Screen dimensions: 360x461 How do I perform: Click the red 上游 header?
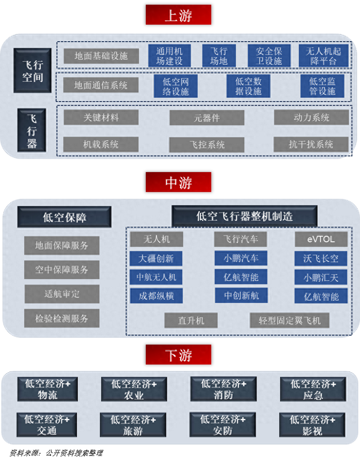click(x=178, y=15)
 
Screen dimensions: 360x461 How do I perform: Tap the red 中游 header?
click(x=178, y=182)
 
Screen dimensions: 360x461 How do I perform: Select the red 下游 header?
click(x=178, y=355)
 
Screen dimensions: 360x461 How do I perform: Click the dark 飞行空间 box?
click(x=33, y=71)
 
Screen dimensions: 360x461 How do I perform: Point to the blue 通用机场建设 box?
click(x=169, y=56)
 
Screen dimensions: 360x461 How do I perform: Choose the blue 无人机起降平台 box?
click(x=323, y=56)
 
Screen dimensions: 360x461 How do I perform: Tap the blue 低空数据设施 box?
click(x=249, y=86)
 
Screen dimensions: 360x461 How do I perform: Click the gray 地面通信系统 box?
click(x=101, y=85)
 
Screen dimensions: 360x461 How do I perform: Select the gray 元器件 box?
click(x=207, y=118)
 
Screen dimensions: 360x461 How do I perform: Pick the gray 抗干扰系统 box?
click(x=311, y=144)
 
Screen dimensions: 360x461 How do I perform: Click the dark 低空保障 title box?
click(x=65, y=217)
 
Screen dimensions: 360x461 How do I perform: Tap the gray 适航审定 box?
click(x=62, y=293)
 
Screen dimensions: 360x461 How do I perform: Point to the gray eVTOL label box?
click(x=321, y=239)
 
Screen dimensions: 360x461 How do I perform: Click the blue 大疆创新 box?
click(x=156, y=259)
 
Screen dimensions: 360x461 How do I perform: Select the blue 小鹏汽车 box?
click(x=241, y=258)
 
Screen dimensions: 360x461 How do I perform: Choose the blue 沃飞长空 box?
click(x=321, y=259)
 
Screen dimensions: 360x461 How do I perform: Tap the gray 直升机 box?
click(x=191, y=320)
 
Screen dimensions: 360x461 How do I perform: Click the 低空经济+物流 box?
click(x=47, y=389)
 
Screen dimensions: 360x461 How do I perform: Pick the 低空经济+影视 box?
click(x=312, y=425)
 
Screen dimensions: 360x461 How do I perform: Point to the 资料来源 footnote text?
click(x=56, y=453)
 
